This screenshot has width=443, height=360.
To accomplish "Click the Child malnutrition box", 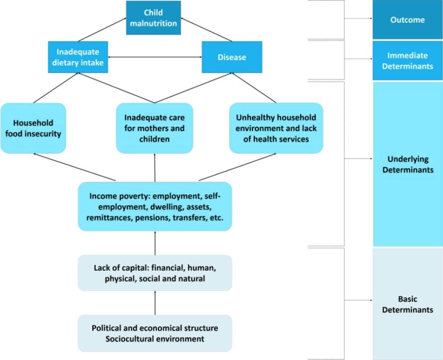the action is [154, 18].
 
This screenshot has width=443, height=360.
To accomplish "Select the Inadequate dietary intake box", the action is [78, 57].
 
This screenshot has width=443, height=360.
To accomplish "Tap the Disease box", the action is [232, 57].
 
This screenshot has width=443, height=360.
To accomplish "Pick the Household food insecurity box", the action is [33, 128].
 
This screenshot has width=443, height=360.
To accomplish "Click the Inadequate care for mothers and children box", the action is [154, 128].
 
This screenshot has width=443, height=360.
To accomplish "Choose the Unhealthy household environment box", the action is [276, 128].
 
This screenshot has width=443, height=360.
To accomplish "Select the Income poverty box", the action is [155, 206].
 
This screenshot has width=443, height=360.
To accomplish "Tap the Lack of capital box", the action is [155, 273].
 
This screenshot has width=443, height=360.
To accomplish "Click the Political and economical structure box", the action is [155, 334].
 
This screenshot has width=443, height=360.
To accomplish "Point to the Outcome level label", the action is [408, 20].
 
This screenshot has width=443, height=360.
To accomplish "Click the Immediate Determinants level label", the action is [408, 61].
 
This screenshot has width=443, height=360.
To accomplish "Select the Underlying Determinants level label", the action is [408, 164].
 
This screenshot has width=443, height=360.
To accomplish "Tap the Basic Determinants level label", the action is [408, 304].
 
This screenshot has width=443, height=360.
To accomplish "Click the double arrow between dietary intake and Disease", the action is [155, 57].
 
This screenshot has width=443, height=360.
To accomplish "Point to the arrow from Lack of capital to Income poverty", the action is [155, 243].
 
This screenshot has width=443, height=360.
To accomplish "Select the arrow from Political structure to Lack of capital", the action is [155, 302].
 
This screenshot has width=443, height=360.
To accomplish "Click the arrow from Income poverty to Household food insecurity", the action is [74, 167].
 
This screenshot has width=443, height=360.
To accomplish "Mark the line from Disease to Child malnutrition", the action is [206, 29].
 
